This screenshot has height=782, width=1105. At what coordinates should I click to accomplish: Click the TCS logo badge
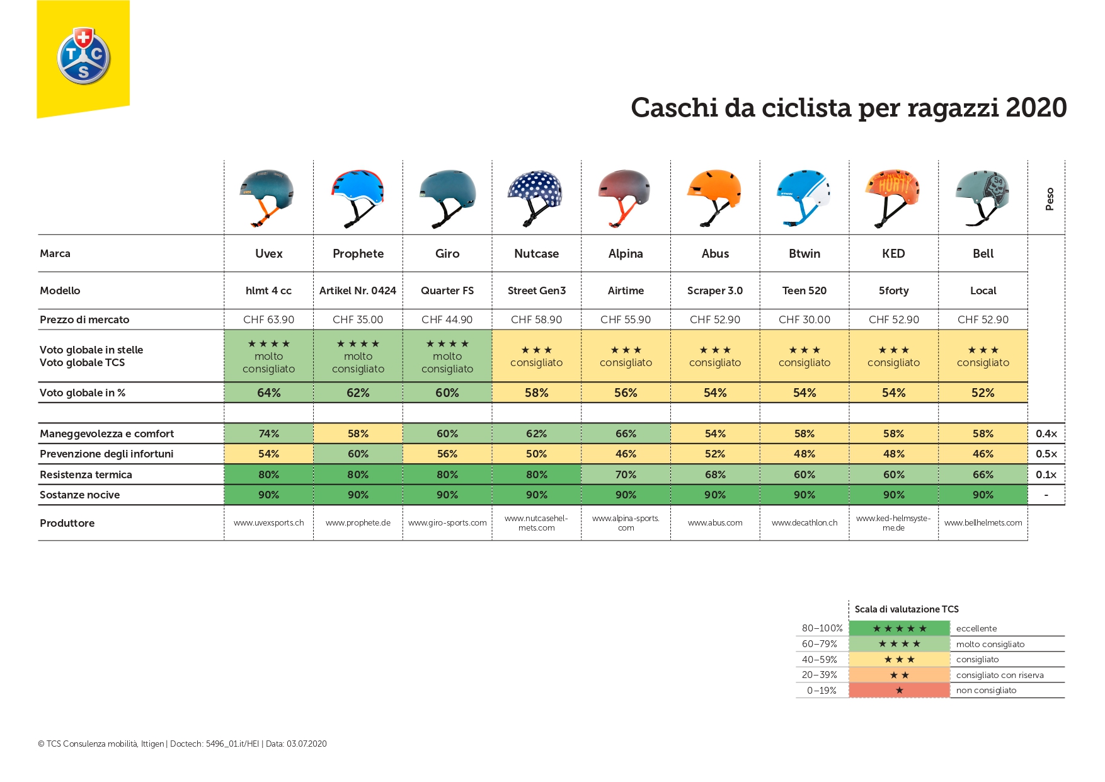tap(84, 56)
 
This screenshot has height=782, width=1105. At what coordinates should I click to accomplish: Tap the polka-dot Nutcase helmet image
tap(535, 195)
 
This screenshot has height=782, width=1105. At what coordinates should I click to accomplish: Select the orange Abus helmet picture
tap(714, 195)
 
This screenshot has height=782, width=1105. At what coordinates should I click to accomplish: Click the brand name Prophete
tap(358, 253)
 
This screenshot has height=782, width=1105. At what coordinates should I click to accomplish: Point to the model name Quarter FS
tap(447, 290)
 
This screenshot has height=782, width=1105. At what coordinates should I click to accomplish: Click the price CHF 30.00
tap(804, 319)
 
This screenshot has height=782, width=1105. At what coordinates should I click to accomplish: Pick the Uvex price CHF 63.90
tap(268, 319)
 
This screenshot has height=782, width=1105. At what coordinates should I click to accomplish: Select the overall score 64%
tap(268, 393)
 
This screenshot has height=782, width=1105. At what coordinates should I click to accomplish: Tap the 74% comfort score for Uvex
tap(268, 434)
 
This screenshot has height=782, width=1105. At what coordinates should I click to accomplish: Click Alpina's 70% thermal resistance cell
tap(626, 474)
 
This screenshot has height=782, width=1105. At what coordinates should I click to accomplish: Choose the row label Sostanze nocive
tap(80, 495)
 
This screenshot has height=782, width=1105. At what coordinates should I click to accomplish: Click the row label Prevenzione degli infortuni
tap(106, 454)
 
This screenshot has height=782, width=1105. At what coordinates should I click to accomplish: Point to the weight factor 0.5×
tap(1046, 454)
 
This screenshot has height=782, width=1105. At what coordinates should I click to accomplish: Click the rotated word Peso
tap(1050, 198)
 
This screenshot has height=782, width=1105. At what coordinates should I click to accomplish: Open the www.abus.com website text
tap(715, 523)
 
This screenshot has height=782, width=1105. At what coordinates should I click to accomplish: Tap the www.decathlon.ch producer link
tap(804, 523)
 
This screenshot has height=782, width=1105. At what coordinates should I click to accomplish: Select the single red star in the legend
tap(899, 691)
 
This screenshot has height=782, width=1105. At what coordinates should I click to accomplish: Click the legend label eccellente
tap(976, 628)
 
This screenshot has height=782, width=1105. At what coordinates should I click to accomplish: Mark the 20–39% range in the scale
tap(819, 675)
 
